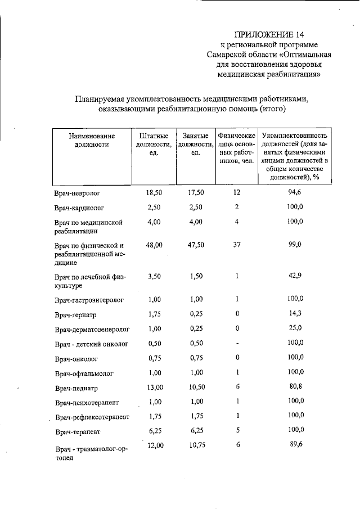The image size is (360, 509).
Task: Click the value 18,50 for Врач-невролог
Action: pyautogui.click(x=154, y=192)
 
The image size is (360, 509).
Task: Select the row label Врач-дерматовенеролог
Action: pyautogui.click(x=92, y=329)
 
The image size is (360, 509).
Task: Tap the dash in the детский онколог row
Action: pyautogui.click(x=237, y=343)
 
